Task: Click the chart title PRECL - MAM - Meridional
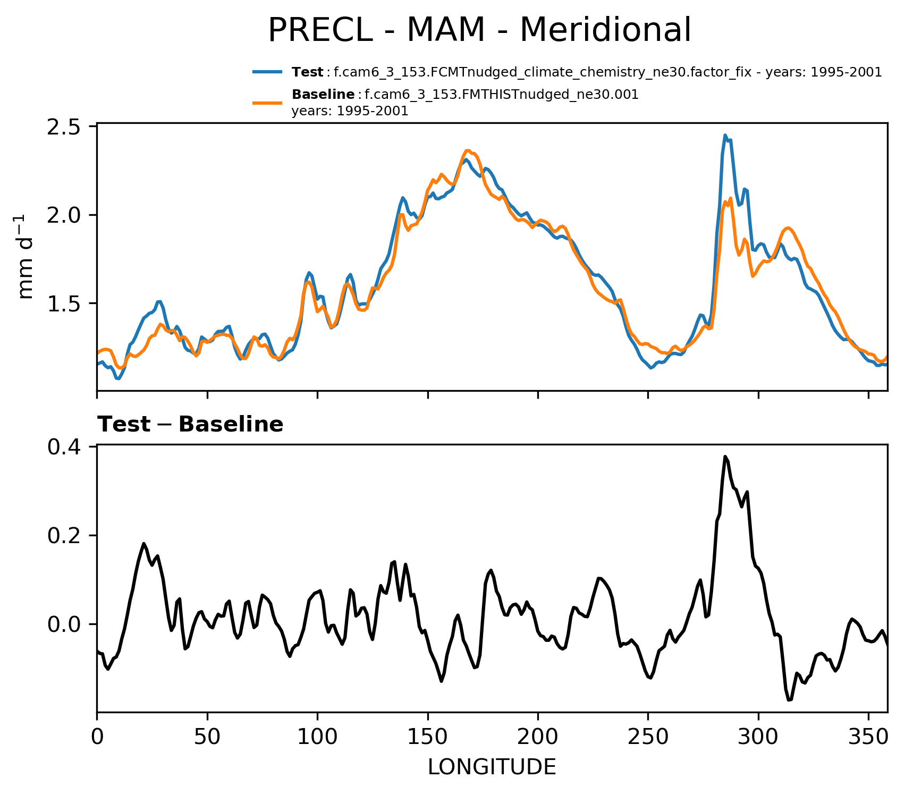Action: tap(479, 30)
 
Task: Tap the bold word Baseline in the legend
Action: tap(323, 95)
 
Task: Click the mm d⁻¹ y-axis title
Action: tap(25, 257)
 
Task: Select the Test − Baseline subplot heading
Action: tap(190, 425)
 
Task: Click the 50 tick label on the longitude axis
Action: tap(207, 738)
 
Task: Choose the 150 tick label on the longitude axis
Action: tap(428, 738)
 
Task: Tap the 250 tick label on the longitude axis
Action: tap(648, 738)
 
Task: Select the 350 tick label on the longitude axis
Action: tap(868, 738)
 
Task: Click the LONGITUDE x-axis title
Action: tap(492, 767)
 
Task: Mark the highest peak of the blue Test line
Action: tap(725, 136)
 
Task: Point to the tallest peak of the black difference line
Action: tap(725, 456)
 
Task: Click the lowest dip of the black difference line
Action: tap(789, 700)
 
